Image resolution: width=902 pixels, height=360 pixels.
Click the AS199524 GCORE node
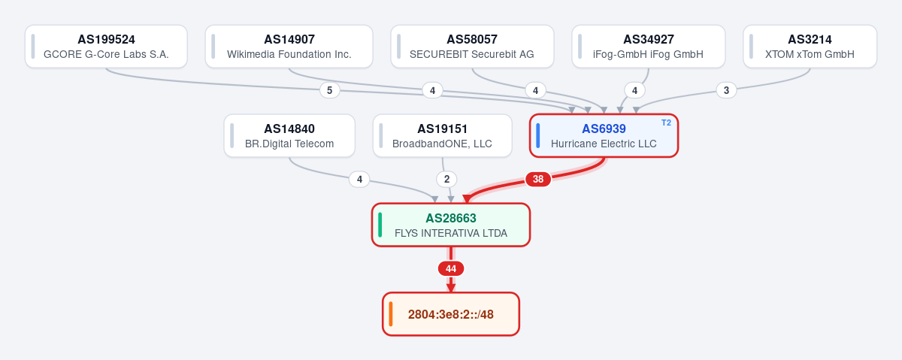tap(106, 47)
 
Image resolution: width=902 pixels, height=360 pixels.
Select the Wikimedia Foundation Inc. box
tap(289, 47)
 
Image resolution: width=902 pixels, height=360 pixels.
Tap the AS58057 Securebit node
tap(472, 47)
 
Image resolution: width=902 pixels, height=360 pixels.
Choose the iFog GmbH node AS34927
tap(648, 47)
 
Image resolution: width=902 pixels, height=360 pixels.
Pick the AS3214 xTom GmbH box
tap(810, 47)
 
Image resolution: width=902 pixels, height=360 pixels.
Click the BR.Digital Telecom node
tap(289, 136)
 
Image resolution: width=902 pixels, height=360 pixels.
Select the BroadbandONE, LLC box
tap(443, 136)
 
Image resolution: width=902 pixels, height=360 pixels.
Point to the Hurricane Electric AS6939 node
tap(604, 136)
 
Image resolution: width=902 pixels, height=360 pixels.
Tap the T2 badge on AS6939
tap(666, 123)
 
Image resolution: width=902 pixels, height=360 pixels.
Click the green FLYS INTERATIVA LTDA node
tap(451, 225)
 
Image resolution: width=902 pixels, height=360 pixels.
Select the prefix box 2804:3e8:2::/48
tap(451, 314)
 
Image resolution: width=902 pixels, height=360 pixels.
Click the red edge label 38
tap(538, 179)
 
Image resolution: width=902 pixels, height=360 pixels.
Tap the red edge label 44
tap(451, 268)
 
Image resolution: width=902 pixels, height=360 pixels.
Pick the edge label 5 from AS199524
tap(329, 90)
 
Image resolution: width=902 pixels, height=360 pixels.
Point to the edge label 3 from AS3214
tap(726, 90)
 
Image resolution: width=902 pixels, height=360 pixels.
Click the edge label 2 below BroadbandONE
tap(446, 179)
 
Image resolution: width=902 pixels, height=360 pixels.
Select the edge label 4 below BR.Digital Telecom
tap(359, 179)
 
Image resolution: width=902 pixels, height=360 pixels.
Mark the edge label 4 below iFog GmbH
tap(634, 90)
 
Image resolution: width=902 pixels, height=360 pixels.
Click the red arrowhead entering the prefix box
tap(451, 288)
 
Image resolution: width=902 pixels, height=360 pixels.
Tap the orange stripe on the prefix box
tap(391, 314)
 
